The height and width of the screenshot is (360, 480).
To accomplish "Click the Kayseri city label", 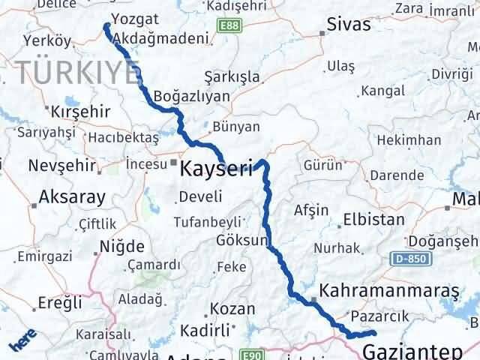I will tap(217, 170).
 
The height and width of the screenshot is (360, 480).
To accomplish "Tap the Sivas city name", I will tap(349, 24).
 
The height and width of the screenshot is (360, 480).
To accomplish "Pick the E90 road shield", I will tap(251, 354).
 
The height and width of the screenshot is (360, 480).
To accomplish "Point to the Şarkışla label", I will tap(232, 77).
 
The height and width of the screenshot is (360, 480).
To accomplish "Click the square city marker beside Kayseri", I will tap(174, 160).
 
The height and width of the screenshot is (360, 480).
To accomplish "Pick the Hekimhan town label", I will tap(408, 140).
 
